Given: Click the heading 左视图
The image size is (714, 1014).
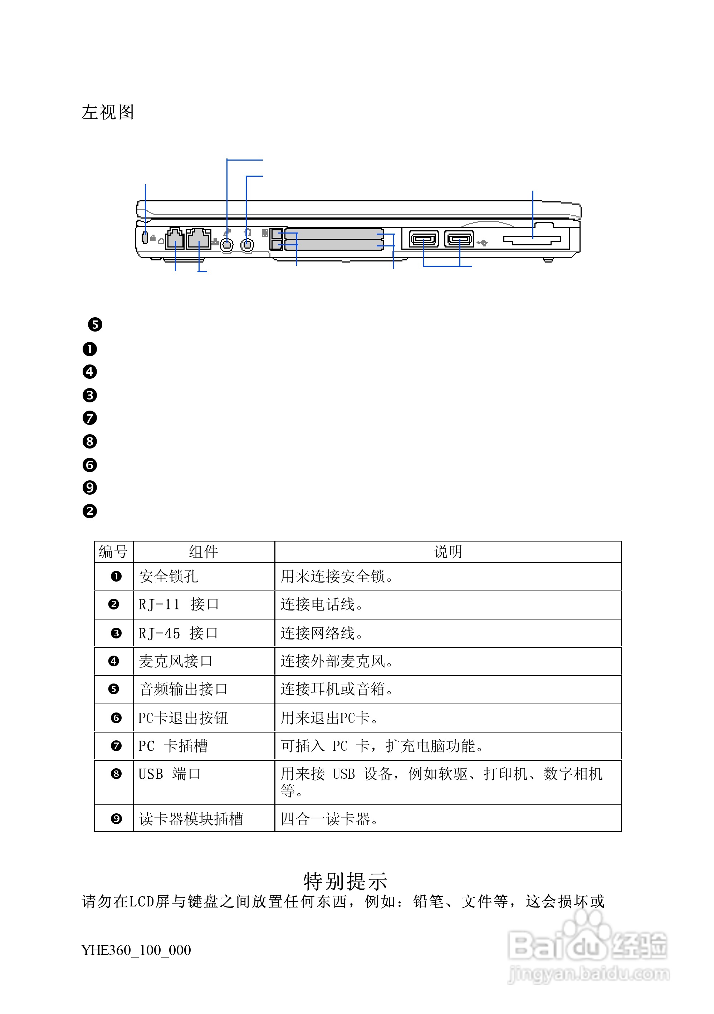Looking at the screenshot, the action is coord(107,112).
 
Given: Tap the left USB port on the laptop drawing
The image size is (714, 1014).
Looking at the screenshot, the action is coord(423,239).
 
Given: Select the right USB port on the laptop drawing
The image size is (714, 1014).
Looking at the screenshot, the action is coord(459,239).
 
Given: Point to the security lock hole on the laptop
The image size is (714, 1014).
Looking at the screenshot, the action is coord(145,237).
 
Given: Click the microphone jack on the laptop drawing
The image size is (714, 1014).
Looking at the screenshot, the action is coord(227,244).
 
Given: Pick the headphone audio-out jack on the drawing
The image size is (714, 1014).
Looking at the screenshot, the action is coord(247,244).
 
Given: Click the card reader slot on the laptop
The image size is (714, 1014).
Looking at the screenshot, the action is coord(532,239).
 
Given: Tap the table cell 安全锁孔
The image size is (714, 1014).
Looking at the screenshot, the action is coord(168,576).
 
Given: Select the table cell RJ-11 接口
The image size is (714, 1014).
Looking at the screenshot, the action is coord(178,604).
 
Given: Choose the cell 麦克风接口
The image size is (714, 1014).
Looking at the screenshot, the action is coord(176,661).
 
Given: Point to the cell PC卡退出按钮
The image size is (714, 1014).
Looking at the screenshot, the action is coord(183,717).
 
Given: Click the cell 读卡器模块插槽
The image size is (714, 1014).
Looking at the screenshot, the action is coord(191,818).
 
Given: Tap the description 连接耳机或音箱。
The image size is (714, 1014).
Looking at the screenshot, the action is coord(337,689).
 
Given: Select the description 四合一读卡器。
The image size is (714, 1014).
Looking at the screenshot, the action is coord(329,818).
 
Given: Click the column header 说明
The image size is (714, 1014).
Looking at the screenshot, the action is coord(448,552).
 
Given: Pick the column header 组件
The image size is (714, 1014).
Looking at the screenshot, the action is coord(204,552).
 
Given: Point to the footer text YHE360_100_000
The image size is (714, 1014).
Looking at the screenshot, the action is coord(136,950).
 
